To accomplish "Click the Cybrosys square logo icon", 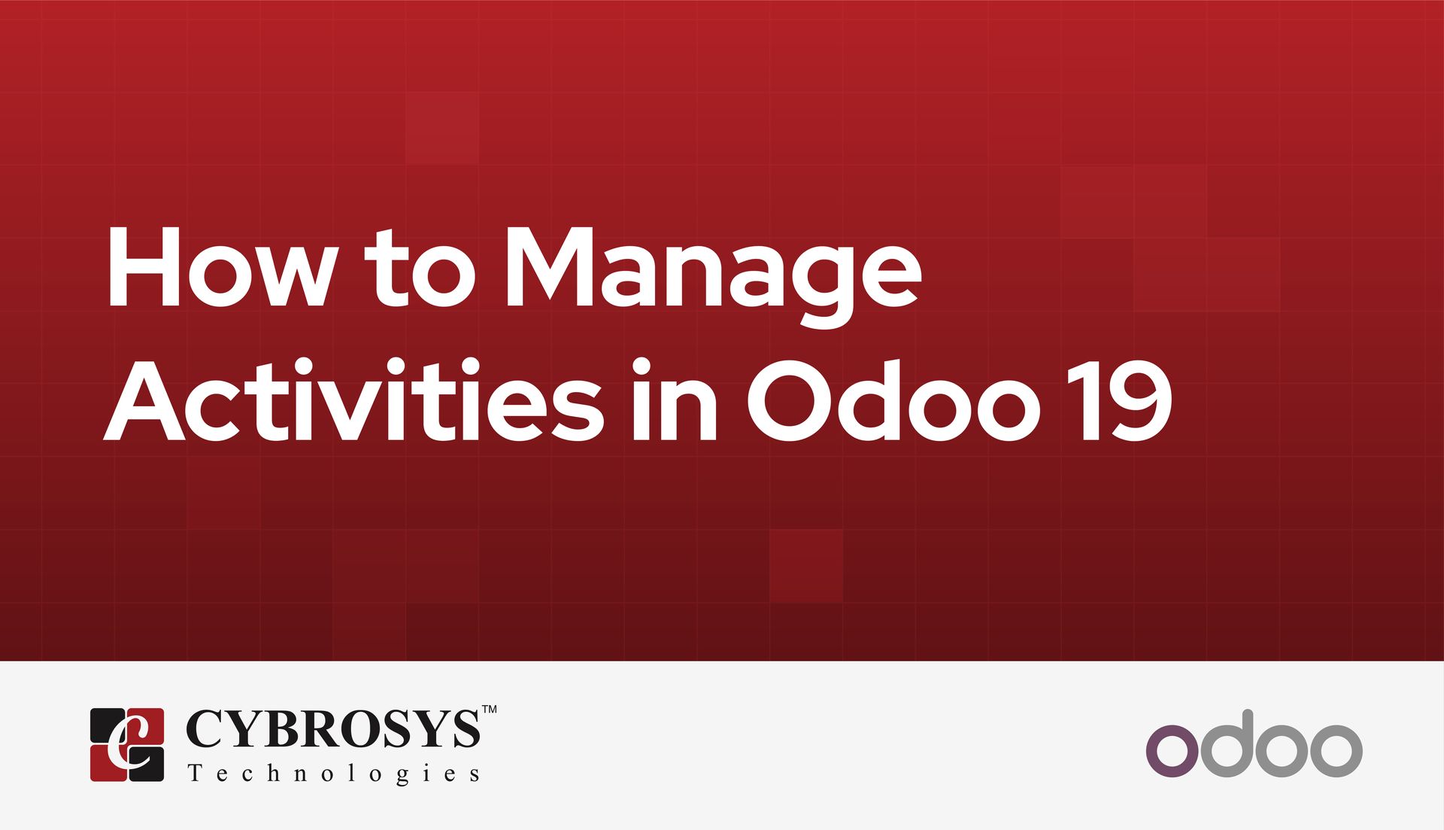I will [x=127, y=744].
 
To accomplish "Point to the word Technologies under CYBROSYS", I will [x=333, y=774].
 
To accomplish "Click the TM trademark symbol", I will [x=489, y=710].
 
